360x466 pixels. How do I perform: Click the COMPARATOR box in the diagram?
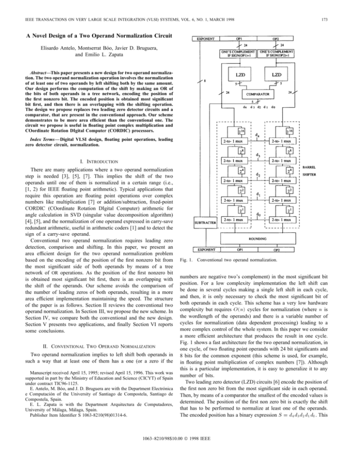coord(269,94)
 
